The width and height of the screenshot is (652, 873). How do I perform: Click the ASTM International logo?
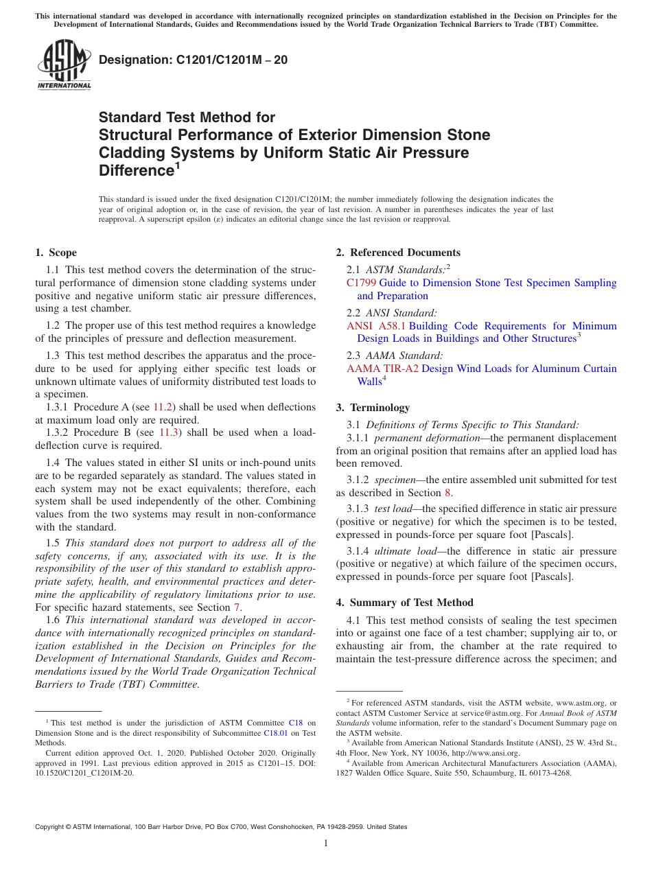[63, 66]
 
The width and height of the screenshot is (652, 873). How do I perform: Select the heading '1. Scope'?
[56, 253]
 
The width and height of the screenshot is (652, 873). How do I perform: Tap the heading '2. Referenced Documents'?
[398, 253]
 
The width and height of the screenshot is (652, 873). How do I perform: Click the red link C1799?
[361, 283]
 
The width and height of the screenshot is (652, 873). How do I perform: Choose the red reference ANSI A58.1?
[376, 326]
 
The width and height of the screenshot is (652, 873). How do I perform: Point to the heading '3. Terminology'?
[373, 408]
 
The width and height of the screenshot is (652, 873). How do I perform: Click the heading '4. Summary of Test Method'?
[404, 603]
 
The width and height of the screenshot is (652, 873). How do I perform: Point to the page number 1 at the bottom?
[326, 843]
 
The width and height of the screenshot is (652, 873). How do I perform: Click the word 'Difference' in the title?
[135, 170]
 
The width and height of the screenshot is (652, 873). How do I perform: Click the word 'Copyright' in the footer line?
[49, 827]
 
